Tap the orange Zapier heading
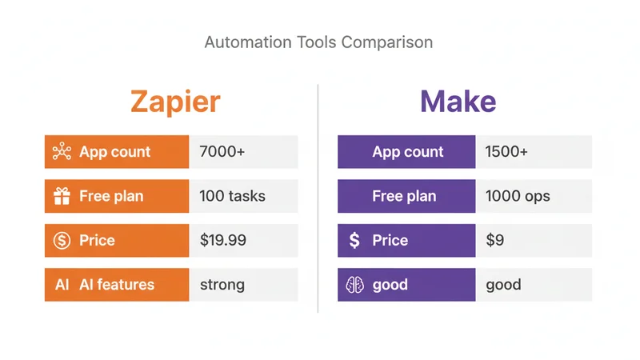pyautogui.click(x=174, y=102)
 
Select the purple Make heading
pyautogui.click(x=458, y=102)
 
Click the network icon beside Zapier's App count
pyautogui.click(x=62, y=152)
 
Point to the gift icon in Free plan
pyautogui.click(x=62, y=196)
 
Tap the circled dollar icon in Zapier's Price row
pyautogui.click(x=62, y=240)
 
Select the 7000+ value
pyautogui.click(x=222, y=152)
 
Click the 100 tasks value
pyautogui.click(x=232, y=196)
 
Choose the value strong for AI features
pyautogui.click(x=222, y=285)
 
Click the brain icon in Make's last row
pyautogui.click(x=354, y=285)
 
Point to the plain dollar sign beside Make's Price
pyautogui.click(x=354, y=240)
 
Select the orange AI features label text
pyautogui.click(x=117, y=285)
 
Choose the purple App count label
pyautogui.click(x=408, y=152)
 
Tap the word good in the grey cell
pyautogui.click(x=503, y=285)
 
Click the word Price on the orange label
pyautogui.click(x=97, y=240)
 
